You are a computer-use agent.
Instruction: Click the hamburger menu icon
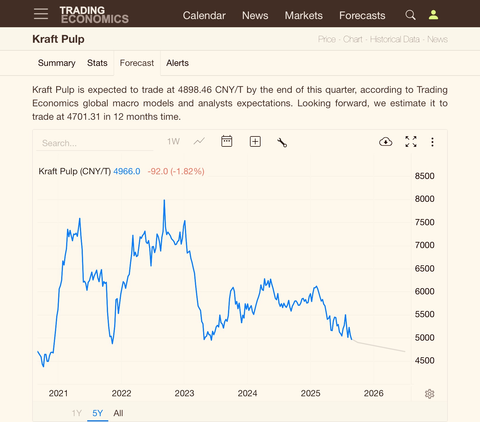pyautogui.click(x=41, y=14)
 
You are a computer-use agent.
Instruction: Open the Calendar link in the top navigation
pyautogui.click(x=204, y=16)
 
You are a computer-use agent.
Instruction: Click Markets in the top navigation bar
pyautogui.click(x=304, y=16)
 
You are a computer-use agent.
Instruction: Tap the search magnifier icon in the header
pyautogui.click(x=410, y=15)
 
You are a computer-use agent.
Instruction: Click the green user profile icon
pyautogui.click(x=433, y=15)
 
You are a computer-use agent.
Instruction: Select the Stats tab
pyautogui.click(x=97, y=63)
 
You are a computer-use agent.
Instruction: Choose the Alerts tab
pyautogui.click(x=177, y=63)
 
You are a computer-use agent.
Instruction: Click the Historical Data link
pyautogui.click(x=395, y=39)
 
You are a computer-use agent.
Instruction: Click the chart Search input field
pyautogui.click(x=95, y=143)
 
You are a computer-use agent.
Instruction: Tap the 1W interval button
pyautogui.click(x=173, y=142)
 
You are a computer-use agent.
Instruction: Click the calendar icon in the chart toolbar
pyautogui.click(x=227, y=141)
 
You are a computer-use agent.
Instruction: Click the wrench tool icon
pyautogui.click(x=282, y=142)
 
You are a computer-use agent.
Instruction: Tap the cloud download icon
pyautogui.click(x=385, y=142)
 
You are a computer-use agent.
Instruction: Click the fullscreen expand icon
pyautogui.click(x=411, y=142)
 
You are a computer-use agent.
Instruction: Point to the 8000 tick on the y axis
pyautogui.click(x=424, y=199)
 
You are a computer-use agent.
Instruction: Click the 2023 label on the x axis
pyautogui.click(x=184, y=393)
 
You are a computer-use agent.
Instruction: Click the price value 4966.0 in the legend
pyautogui.click(x=127, y=171)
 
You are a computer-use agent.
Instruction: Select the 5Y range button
pyautogui.click(x=97, y=413)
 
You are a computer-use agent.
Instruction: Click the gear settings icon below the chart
pyautogui.click(x=429, y=394)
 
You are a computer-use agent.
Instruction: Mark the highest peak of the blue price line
pyautogui.click(x=164, y=200)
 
